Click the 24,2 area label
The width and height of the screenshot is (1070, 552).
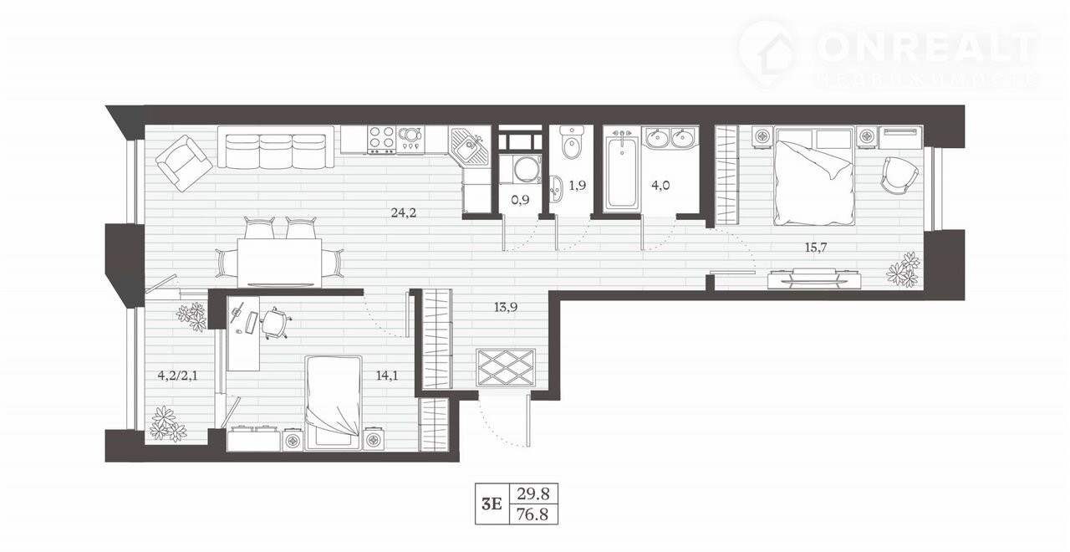[404, 212]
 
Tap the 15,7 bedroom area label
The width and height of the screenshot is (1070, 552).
[816, 248]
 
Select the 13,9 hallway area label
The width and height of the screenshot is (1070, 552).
[506, 307]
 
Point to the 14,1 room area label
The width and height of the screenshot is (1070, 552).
[387, 376]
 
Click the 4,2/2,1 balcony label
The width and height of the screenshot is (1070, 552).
[178, 376]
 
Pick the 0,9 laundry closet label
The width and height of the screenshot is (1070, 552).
[520, 200]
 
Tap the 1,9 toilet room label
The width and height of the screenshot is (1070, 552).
[577, 186]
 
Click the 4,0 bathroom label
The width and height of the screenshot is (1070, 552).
[660, 186]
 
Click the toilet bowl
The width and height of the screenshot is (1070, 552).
[572, 142]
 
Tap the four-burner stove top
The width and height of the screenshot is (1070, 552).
[381, 140]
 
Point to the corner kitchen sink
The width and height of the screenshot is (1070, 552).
[469, 146]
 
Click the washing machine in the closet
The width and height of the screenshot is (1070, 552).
[520, 169]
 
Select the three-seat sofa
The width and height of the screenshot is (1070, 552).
[276, 146]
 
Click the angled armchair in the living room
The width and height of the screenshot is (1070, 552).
[184, 163]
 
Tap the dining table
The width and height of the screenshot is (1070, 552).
[279, 263]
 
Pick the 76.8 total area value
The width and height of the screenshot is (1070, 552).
[533, 514]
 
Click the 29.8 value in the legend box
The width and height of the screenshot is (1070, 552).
[533, 493]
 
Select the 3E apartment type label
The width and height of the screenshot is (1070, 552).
[492, 504]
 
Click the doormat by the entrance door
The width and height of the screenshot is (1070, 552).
[506, 367]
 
